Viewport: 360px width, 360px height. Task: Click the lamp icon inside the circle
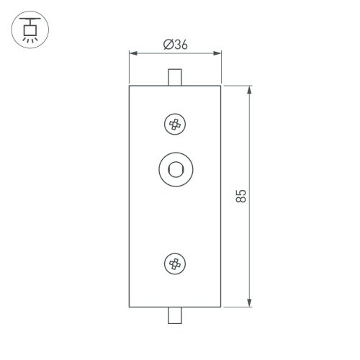tap(29, 30)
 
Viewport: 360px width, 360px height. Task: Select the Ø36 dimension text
tap(175, 45)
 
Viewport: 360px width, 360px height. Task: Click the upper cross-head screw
tap(174, 125)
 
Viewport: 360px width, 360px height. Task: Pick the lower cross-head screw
tap(174, 264)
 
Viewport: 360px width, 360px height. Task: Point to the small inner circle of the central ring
tap(174, 170)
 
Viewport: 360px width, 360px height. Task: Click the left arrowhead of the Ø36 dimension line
tap(132, 53)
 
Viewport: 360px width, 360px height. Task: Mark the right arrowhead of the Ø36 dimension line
tap(217, 53)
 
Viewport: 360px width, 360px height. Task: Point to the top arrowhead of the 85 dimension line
tap(249, 90)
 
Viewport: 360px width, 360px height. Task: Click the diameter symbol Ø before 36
tap(167, 45)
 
